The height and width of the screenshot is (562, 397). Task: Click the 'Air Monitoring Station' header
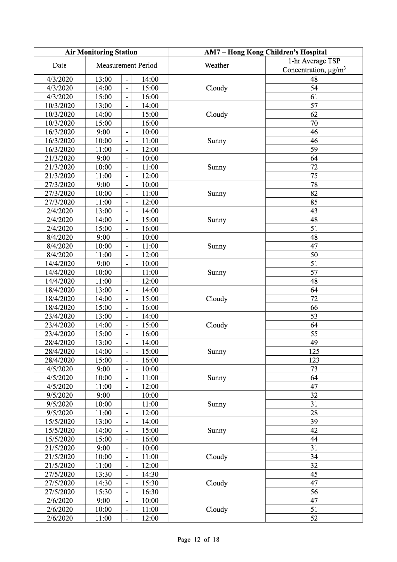pos(101,52)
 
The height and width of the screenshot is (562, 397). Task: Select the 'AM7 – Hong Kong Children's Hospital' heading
pos(265,52)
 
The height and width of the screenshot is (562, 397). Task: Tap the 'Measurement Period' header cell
pos(126,66)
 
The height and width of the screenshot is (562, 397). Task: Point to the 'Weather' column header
pos(217,66)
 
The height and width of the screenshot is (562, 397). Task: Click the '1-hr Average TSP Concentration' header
pos(314,66)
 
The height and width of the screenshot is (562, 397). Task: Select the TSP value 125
pos(314,351)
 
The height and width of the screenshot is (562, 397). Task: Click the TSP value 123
pos(314,360)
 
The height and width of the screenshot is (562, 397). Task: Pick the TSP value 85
pos(314,202)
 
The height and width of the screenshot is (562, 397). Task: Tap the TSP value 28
pos(314,413)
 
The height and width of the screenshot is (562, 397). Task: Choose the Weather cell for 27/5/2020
pos(217,483)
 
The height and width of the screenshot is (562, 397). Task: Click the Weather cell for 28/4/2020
pos(217,351)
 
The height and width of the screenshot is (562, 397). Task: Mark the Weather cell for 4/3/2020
pos(217,88)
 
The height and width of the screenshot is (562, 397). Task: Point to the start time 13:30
pos(103,475)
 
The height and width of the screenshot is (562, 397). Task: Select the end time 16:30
pos(150,492)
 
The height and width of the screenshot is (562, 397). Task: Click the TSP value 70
pos(314,123)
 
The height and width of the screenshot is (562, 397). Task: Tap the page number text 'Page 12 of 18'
pos(198,540)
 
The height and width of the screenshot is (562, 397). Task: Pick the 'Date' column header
pos(60,66)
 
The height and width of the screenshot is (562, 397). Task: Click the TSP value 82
pos(314,194)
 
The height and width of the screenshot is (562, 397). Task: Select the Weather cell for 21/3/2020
pos(217,167)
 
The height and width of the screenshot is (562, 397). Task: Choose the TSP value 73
pos(314,369)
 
